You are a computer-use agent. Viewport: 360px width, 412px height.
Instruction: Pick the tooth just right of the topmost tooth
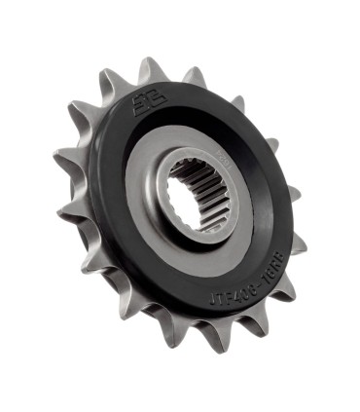tap(195, 77)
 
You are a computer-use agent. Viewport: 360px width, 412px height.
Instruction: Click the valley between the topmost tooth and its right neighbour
tap(175, 83)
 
